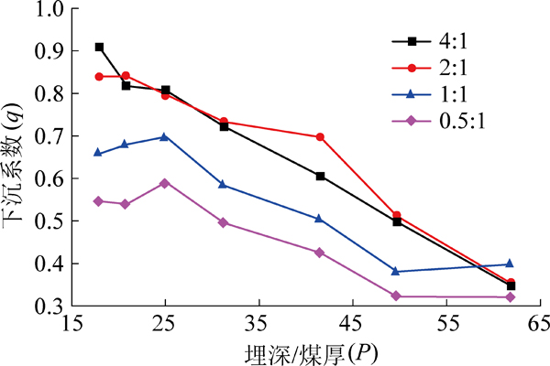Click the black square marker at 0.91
coord(99,47)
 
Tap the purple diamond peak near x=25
coord(165,183)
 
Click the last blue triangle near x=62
coord(511,264)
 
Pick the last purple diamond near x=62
coord(511,297)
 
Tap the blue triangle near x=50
coord(396,271)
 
